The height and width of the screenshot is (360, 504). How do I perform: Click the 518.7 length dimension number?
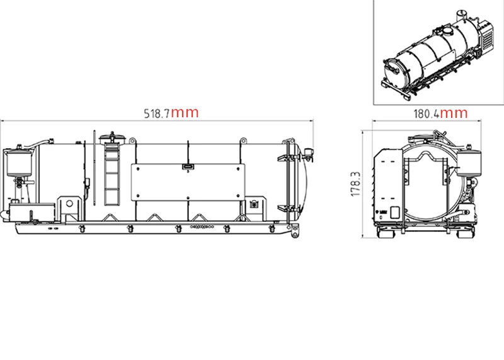156,114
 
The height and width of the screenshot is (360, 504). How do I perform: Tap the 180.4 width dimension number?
426,114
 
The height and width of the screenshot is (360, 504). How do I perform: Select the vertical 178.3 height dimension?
356,184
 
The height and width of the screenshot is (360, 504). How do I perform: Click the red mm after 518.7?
185,113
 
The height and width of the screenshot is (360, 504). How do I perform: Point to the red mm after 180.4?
454,113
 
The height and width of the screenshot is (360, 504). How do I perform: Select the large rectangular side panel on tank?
188,182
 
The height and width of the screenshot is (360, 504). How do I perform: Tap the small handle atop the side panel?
188,166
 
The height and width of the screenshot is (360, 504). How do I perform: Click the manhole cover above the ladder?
112,139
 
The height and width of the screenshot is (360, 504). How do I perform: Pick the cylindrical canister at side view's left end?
19,163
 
